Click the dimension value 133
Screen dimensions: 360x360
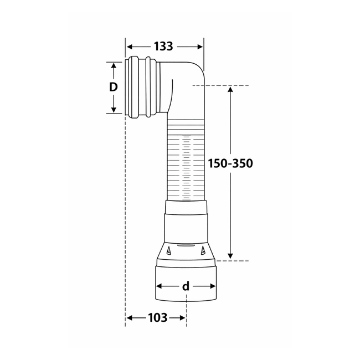coord(163,47)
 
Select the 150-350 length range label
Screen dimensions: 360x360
coord(230,163)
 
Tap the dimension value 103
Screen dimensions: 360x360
coord(157,318)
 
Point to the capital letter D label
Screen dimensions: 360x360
coord(114,87)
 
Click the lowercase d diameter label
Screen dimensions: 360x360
coord(186,286)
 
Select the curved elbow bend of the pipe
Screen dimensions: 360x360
coord(191,78)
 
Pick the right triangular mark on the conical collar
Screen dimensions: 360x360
coord(203,251)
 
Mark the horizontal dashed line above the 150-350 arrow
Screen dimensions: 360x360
coord(222,86)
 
